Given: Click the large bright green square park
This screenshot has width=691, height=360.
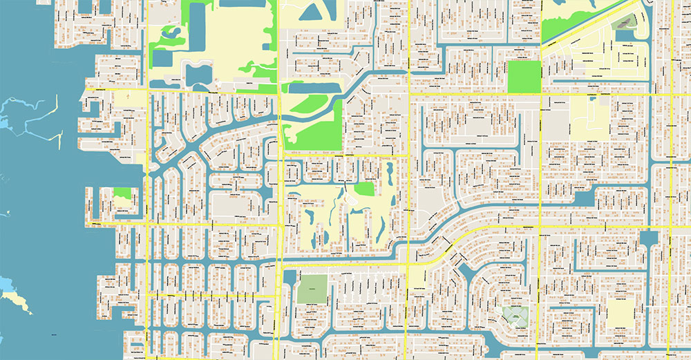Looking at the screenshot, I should [524, 77].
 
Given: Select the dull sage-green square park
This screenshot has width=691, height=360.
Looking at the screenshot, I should [312, 287].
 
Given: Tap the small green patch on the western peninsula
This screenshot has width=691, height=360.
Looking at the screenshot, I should [123, 196].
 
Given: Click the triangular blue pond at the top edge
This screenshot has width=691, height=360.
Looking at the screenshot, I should [314, 12].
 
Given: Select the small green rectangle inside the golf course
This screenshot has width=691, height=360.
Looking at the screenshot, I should [364, 188].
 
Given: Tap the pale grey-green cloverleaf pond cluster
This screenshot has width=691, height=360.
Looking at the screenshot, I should [513, 316].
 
